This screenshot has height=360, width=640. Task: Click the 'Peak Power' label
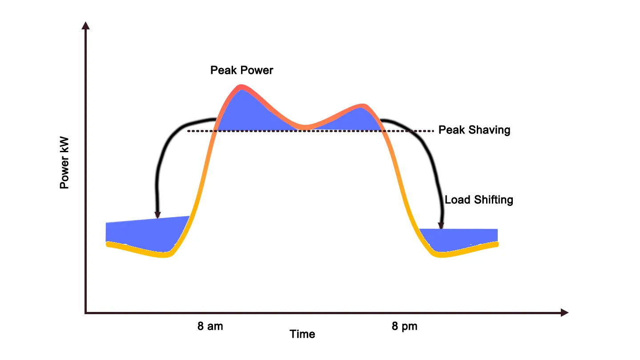(x=242, y=70)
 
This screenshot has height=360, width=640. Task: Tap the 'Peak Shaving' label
(x=474, y=130)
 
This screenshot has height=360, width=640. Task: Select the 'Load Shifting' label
(x=479, y=200)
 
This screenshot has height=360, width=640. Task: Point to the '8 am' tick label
(x=210, y=326)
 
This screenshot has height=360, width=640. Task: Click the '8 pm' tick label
(x=404, y=326)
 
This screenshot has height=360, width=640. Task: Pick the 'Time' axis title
(x=302, y=334)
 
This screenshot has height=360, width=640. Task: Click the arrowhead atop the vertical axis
(x=85, y=25)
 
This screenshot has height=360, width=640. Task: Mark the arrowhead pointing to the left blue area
(x=157, y=215)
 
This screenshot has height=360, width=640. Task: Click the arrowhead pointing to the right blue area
(x=441, y=226)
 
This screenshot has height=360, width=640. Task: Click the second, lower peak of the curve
(x=364, y=106)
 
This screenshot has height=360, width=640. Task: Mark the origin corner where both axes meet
(x=85, y=313)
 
